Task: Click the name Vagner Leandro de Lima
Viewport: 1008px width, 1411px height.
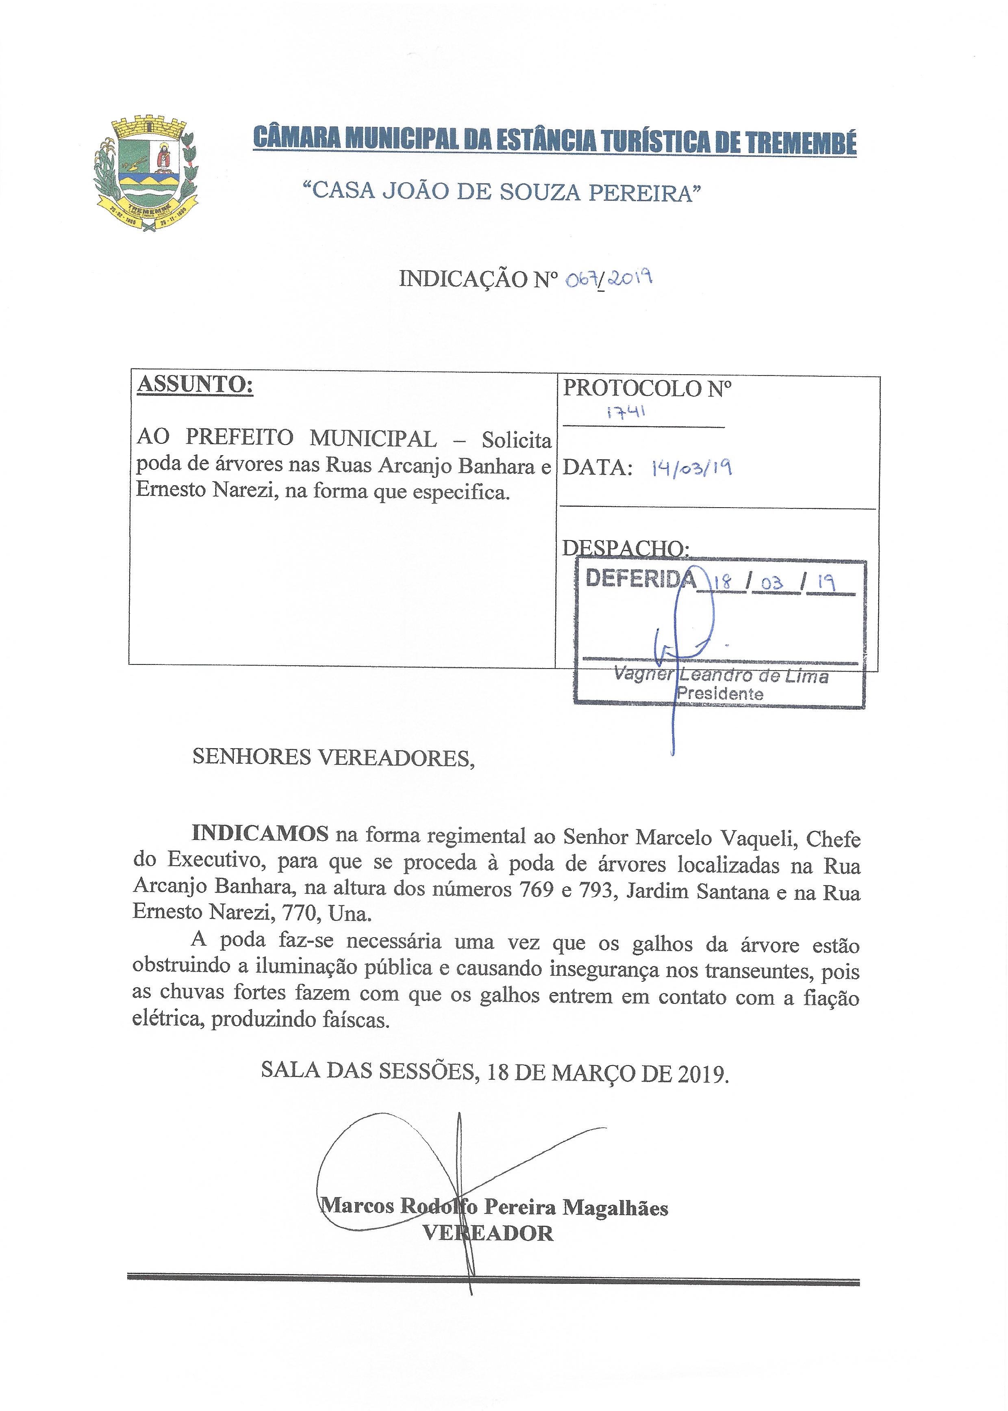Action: (720, 675)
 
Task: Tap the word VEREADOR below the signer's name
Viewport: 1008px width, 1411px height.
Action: (488, 1233)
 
